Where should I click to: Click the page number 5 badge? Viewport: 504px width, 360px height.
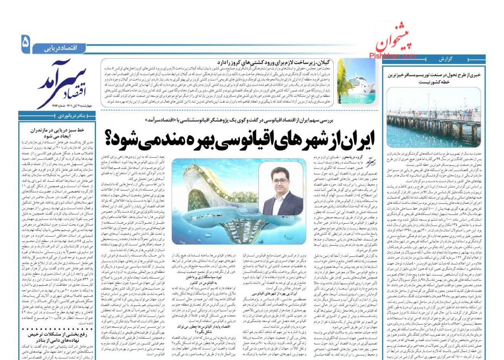click(25, 44)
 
